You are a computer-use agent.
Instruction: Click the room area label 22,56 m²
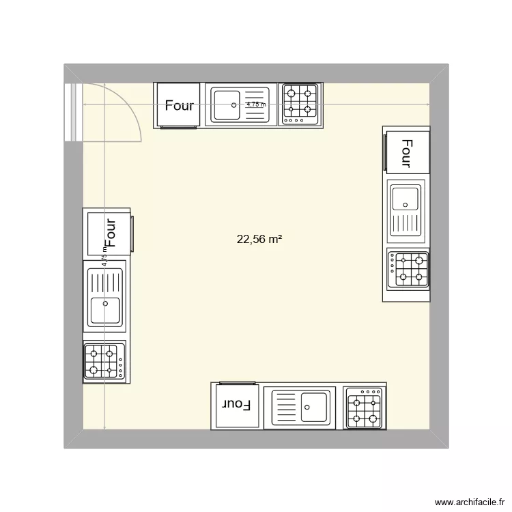point(259,239)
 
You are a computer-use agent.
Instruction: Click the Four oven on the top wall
point(179,105)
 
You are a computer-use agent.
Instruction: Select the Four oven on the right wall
point(407,152)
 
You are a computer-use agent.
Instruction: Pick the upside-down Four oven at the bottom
point(236,405)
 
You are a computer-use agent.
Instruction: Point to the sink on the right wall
point(407,209)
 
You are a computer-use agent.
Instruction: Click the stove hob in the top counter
point(300,105)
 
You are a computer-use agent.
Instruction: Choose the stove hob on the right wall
point(408,269)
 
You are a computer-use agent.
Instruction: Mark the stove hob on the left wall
point(104,360)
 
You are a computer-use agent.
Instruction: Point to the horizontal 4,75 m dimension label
point(257,104)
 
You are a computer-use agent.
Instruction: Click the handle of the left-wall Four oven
point(132,233)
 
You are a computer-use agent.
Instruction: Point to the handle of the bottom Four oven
point(236,384)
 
